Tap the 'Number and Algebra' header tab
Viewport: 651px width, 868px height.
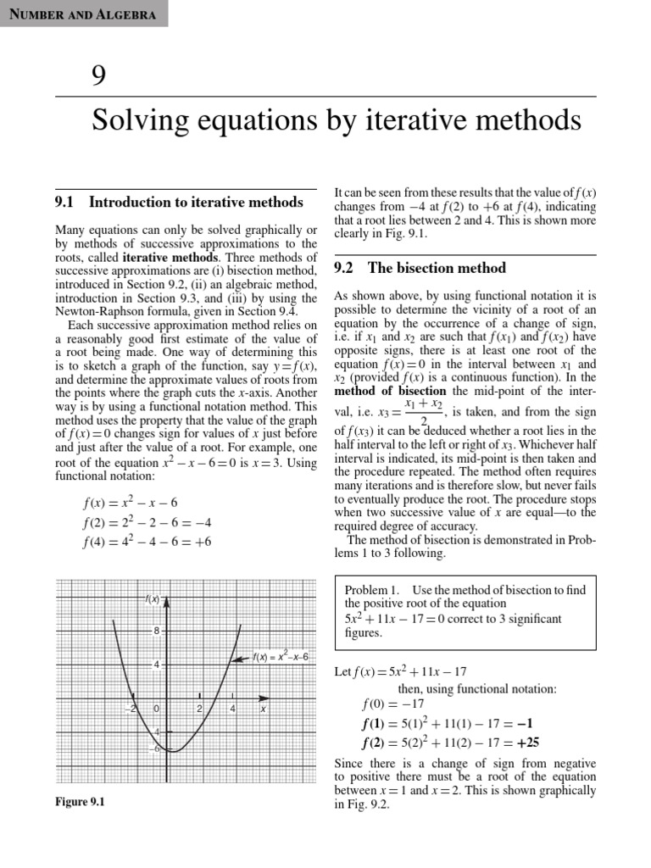click(82, 14)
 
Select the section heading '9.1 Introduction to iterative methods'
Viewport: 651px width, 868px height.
click(179, 202)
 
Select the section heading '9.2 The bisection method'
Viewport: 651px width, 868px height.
click(420, 268)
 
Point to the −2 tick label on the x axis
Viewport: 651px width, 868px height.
click(131, 708)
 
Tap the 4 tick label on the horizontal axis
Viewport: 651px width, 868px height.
click(232, 708)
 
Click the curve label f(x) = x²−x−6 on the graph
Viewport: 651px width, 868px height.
click(281, 656)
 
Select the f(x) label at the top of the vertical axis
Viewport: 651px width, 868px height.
click(153, 600)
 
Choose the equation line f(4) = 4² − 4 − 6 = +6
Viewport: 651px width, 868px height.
click(147, 542)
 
